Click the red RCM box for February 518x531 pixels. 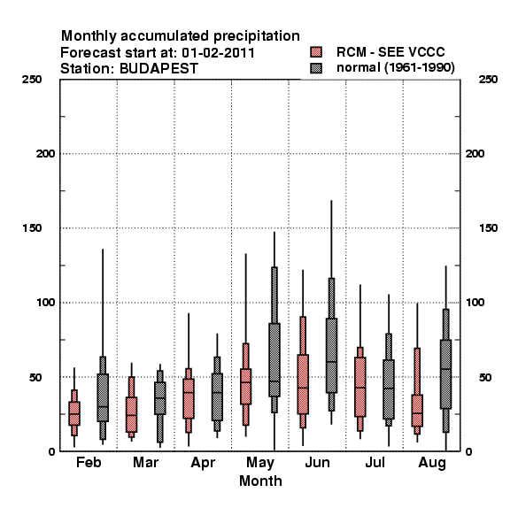[x=74, y=413]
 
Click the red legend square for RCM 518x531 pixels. [x=316, y=52]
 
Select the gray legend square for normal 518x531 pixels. [x=316, y=68]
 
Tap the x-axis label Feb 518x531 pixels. [x=89, y=462]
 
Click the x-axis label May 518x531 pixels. [x=260, y=463]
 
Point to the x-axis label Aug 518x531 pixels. [x=432, y=463]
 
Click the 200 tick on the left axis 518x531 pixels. [x=45, y=154]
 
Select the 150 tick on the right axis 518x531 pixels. [x=488, y=228]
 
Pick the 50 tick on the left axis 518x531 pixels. [x=35, y=377]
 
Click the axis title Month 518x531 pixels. [x=260, y=481]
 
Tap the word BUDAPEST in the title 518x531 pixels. [x=158, y=69]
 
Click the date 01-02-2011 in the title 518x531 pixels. [x=218, y=53]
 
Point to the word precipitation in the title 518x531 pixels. [x=257, y=36]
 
